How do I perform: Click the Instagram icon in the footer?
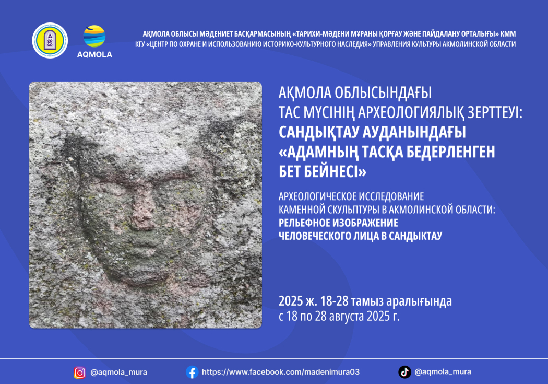(80, 373)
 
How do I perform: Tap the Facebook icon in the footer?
(192, 372)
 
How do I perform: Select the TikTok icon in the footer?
(404, 372)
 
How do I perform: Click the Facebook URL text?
(280, 372)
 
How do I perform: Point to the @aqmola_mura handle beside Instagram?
(118, 373)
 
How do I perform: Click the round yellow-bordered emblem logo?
(50, 40)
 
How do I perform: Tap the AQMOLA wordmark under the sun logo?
(94, 54)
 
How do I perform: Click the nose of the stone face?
(144, 212)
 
